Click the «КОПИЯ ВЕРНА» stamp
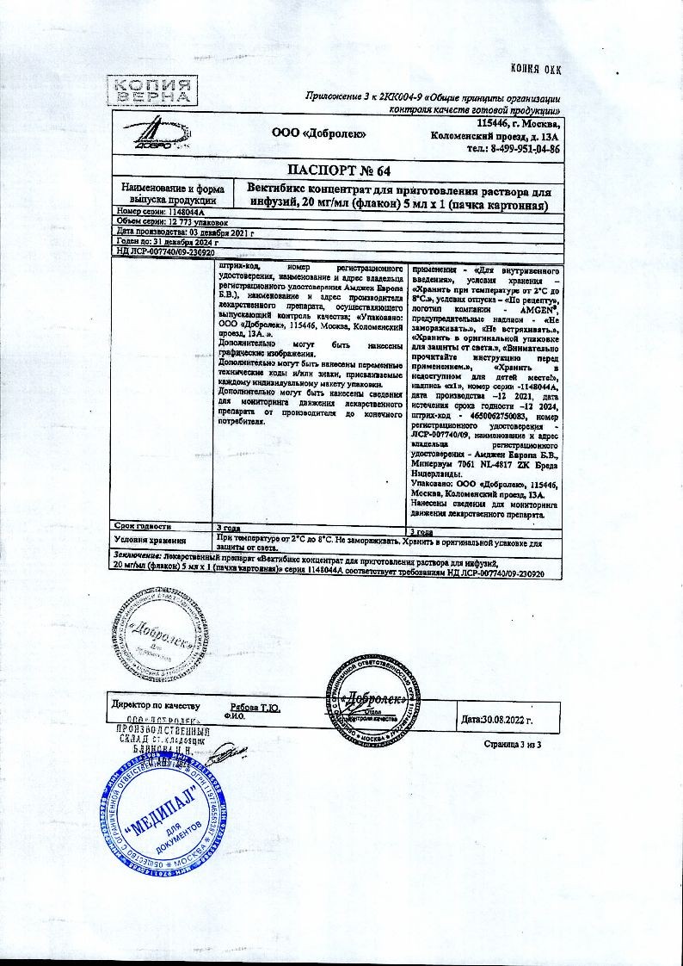150,90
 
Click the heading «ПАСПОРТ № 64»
335,170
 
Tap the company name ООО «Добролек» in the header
319,133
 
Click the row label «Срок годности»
144,525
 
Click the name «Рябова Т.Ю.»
255,706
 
